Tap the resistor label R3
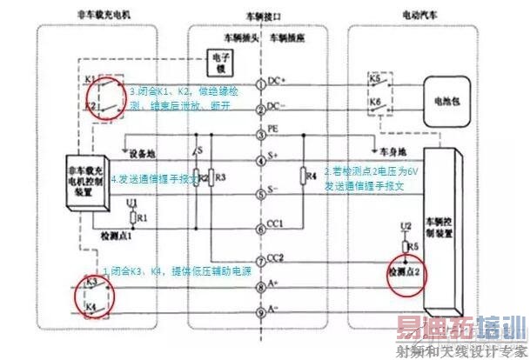tap(220, 177)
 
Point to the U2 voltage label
tap(404, 227)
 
